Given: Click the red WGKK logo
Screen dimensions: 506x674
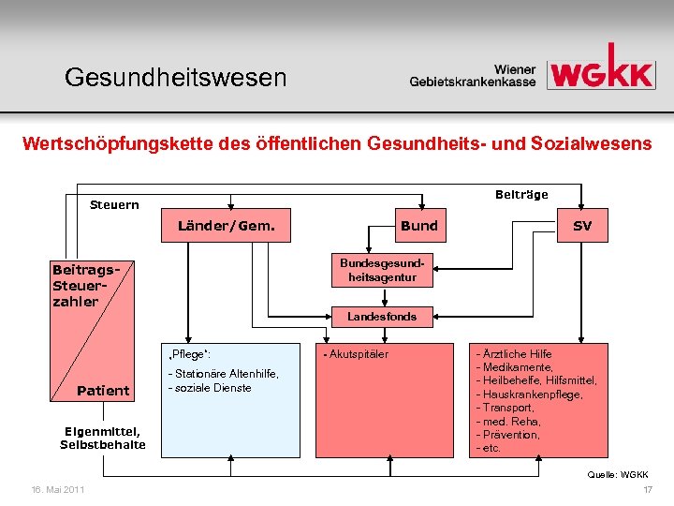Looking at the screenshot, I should point(600,67).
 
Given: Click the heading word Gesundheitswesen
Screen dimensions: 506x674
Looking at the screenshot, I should point(176,77).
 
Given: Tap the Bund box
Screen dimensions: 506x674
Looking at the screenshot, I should point(419,226).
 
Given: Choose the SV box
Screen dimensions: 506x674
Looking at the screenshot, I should point(583,226).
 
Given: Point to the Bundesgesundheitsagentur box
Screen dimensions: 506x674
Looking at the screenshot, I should point(381,271).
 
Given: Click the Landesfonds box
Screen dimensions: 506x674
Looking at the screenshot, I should point(381,317).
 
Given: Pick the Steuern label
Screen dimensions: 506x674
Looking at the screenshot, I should point(114,204).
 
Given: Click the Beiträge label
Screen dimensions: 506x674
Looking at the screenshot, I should point(520,194).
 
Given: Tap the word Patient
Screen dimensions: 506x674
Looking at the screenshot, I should point(103,391).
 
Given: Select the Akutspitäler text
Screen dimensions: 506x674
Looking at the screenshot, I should point(357,354).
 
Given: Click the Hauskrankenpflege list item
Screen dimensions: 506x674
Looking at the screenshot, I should point(530,394).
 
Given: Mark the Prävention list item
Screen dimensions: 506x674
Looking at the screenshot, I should point(509,435).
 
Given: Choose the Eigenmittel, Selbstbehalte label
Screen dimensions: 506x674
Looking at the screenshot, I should point(103,438).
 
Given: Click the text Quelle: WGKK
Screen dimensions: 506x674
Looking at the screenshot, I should point(619,475).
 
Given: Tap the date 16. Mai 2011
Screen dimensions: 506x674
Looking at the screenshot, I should point(57,490).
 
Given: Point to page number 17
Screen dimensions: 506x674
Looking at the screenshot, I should point(647,490).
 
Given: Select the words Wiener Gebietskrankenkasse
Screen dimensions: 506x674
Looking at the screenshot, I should point(473,75).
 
